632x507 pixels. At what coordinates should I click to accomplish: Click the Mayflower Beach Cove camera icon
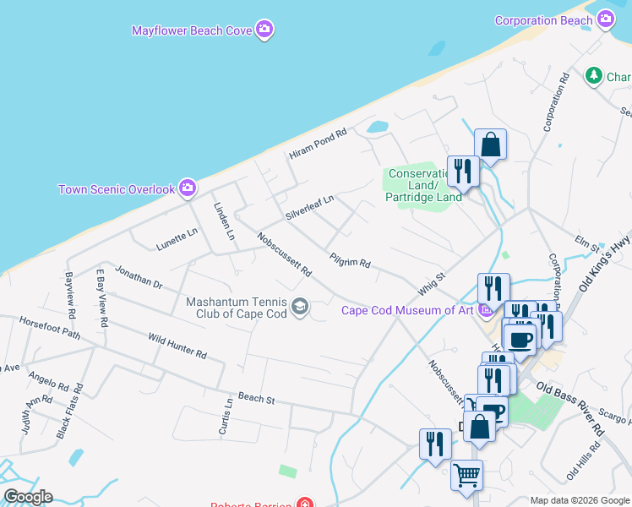[264, 30]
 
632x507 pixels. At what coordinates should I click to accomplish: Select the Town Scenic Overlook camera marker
[188, 188]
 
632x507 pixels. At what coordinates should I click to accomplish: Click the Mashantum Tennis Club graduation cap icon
[299, 307]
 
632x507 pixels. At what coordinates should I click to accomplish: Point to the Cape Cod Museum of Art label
[407, 310]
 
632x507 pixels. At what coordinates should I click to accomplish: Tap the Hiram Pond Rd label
[318, 144]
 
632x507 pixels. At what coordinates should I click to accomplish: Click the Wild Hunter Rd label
[177, 346]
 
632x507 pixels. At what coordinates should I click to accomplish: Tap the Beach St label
[257, 397]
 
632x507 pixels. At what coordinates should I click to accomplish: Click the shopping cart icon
[467, 475]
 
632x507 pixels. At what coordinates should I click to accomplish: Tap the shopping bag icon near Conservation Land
[490, 144]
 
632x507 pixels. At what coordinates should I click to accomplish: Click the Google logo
[27, 496]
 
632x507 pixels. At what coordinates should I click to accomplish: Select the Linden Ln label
[223, 221]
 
